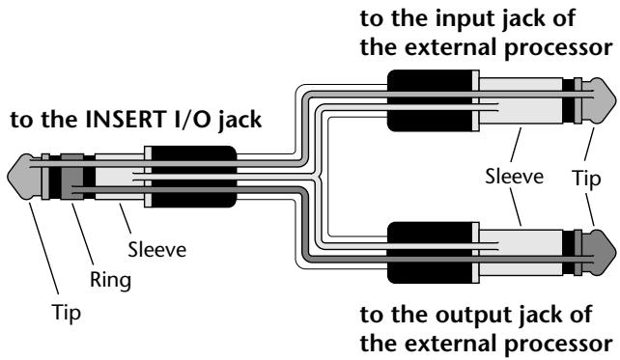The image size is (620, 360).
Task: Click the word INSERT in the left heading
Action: tap(125, 120)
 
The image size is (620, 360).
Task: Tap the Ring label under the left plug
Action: tap(110, 280)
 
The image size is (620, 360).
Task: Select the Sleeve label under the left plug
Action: tap(157, 250)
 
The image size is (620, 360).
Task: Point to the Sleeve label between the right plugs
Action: tap(514, 177)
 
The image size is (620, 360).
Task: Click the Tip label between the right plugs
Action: tap(586, 179)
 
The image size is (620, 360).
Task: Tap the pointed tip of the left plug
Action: tap(9, 177)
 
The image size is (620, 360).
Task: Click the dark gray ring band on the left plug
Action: tap(72, 177)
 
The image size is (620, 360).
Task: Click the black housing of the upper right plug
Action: tap(430, 100)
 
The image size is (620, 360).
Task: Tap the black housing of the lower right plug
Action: tap(430, 253)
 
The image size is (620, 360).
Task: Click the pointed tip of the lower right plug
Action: tap(615, 252)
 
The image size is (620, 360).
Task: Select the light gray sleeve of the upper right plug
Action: tap(521, 100)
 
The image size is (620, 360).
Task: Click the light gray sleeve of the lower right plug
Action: tap(521, 253)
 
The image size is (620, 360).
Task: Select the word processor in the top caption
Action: tap(559, 48)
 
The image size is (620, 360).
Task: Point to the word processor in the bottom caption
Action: tap(559, 345)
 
